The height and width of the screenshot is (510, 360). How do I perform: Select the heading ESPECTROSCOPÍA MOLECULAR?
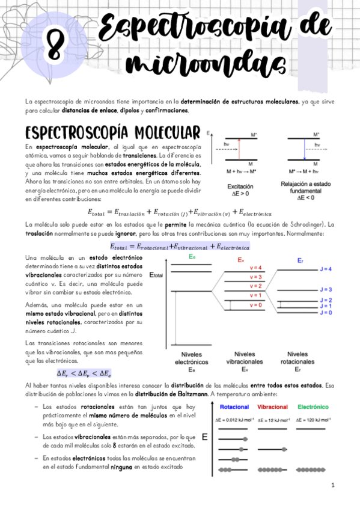(112, 132)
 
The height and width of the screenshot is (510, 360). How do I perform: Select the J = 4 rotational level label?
(326, 269)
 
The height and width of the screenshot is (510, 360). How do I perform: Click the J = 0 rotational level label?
(326, 312)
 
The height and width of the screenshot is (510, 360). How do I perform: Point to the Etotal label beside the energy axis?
(156, 275)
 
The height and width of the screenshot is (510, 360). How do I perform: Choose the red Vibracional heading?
(273, 407)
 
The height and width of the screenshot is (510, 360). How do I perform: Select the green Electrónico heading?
(313, 407)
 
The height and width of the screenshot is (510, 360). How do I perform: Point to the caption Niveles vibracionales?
(244, 357)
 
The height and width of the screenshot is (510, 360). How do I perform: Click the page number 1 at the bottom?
(332, 485)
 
